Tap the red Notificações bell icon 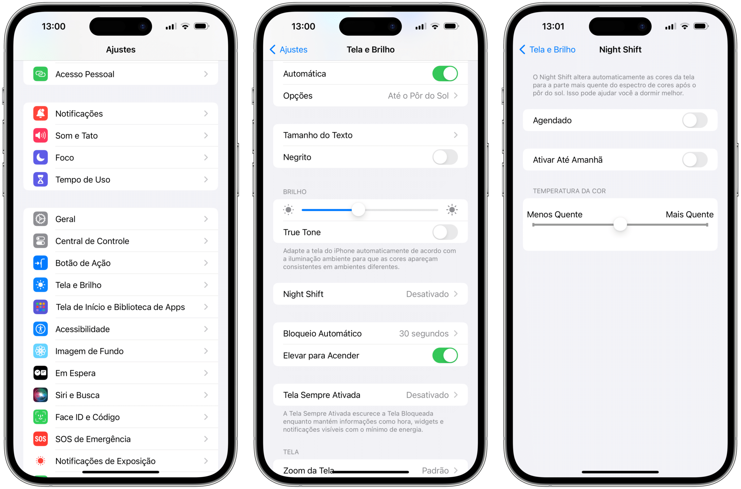click(41, 114)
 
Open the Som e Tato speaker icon click(41, 136)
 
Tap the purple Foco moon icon click(41, 157)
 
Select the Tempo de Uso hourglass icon click(41, 180)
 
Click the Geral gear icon click(41, 219)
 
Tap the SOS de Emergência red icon click(41, 439)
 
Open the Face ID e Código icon click(41, 417)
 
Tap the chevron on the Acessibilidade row click(206, 329)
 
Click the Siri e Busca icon click(41, 395)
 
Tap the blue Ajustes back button click(289, 50)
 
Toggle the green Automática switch click(445, 74)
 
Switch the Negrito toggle click(445, 157)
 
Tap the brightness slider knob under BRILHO click(358, 210)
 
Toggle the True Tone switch click(445, 232)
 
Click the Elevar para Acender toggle click(445, 355)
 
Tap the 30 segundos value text click(424, 334)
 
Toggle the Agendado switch click(694, 121)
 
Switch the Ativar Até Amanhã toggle click(694, 160)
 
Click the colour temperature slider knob click(620, 224)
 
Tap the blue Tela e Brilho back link click(547, 50)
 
